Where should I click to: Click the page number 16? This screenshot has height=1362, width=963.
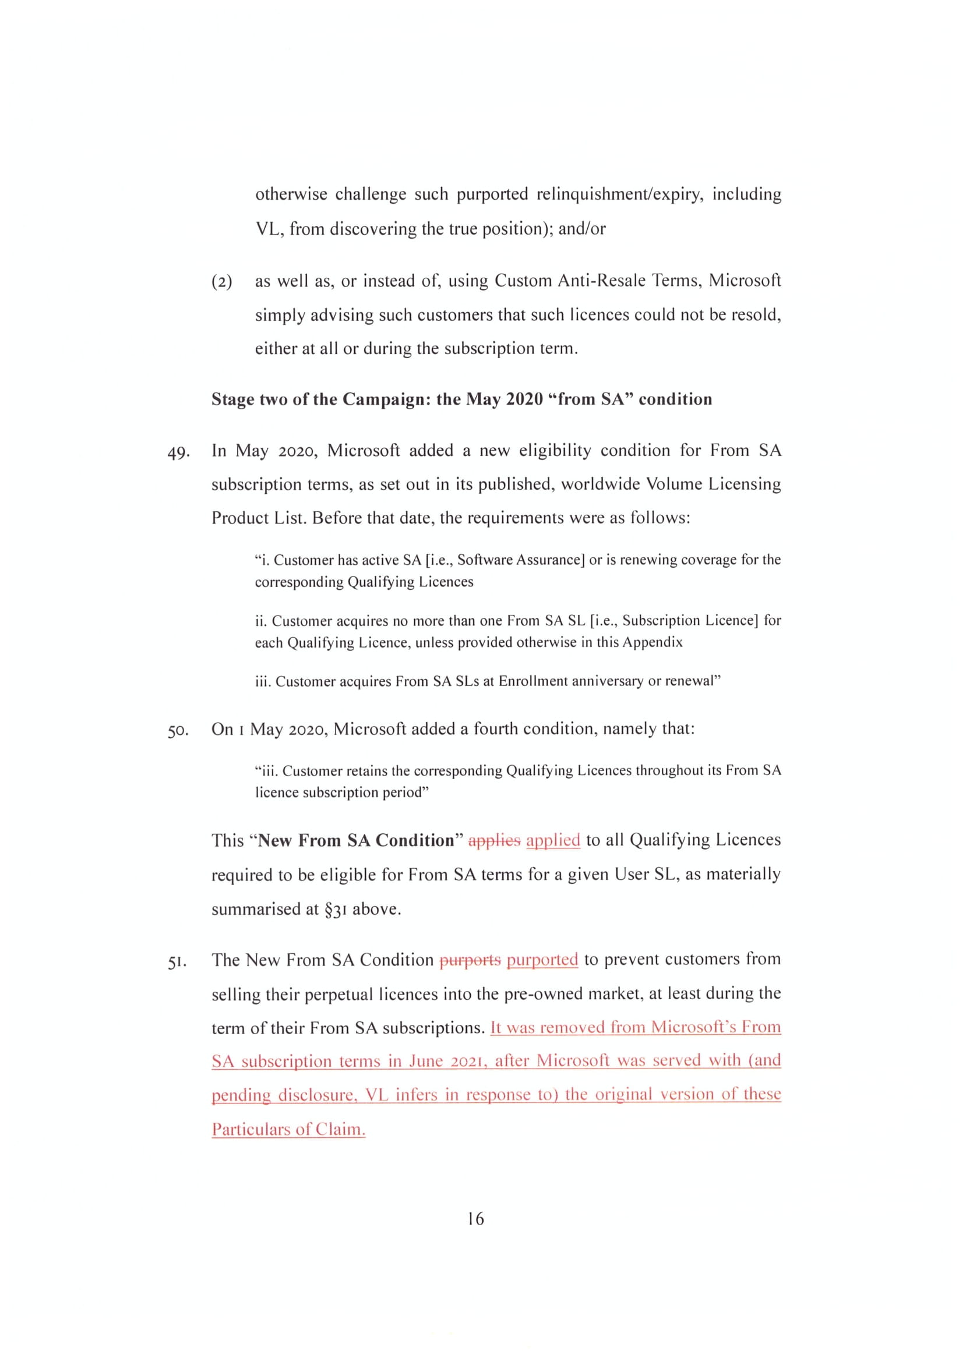[476, 1218]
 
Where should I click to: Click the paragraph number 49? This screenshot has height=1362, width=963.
[179, 452]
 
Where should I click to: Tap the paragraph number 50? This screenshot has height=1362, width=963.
[179, 730]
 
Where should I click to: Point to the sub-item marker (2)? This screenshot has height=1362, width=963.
[222, 281]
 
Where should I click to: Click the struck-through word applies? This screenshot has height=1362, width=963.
[494, 841]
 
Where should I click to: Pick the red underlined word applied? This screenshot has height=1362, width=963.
[553, 841]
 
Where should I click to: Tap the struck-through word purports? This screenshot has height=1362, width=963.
[470, 960]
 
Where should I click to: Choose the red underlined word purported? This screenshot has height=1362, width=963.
[542, 960]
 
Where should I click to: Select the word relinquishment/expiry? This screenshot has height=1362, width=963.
[620, 194]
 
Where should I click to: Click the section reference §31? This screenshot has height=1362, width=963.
[335, 909]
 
